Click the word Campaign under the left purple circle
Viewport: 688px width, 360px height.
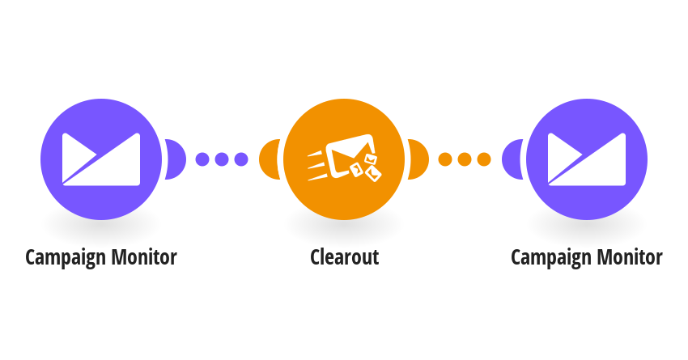[x=66, y=257]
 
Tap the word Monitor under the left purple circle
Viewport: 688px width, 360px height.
[x=144, y=257]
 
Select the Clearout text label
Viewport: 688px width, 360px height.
[x=345, y=257]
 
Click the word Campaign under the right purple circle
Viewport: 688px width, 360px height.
[x=551, y=257]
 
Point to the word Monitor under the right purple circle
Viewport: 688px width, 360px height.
[x=630, y=257]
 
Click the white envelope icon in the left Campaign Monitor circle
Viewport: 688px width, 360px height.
[x=101, y=159]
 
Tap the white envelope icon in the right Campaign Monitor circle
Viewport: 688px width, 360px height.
[x=587, y=159]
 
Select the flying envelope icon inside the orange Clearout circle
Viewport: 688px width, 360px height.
[x=345, y=158]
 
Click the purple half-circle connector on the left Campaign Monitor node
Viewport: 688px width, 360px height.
[x=176, y=159]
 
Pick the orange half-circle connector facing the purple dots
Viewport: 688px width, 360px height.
[x=270, y=159]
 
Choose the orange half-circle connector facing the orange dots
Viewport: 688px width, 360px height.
[x=418, y=159]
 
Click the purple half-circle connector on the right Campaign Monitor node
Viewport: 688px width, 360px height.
[x=512, y=159]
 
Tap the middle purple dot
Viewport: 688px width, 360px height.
[x=222, y=159]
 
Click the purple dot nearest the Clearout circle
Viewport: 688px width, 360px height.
[x=241, y=159]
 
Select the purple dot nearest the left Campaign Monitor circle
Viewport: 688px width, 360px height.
[x=202, y=159]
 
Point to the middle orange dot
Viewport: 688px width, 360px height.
[x=465, y=159]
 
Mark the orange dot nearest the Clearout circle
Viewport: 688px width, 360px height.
[x=445, y=159]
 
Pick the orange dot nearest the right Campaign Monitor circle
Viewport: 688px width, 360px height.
[x=484, y=159]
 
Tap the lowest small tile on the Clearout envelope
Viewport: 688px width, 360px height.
[x=374, y=174]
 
